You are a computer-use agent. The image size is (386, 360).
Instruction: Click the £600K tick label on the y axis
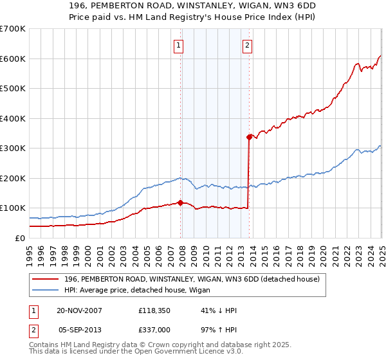pyautogui.click(x=13, y=59)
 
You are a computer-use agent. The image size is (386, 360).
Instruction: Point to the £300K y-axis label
pyautogui.click(x=13, y=148)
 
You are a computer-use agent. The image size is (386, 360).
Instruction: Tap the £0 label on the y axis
pyautogui.click(x=19, y=238)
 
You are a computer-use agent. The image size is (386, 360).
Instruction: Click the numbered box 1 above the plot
pyautogui.click(x=178, y=45)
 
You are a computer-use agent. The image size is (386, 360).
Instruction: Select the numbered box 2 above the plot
pyautogui.click(x=248, y=45)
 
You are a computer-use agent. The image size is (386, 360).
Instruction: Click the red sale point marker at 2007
pyautogui.click(x=181, y=203)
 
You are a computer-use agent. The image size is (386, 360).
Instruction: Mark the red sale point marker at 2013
pyautogui.click(x=249, y=137)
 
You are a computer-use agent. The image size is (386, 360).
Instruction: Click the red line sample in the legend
pyautogui.click(x=46, y=279)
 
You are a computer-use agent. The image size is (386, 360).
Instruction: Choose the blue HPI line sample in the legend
pyautogui.click(x=46, y=291)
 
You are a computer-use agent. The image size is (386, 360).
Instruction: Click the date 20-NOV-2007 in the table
pyautogui.click(x=79, y=310)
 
